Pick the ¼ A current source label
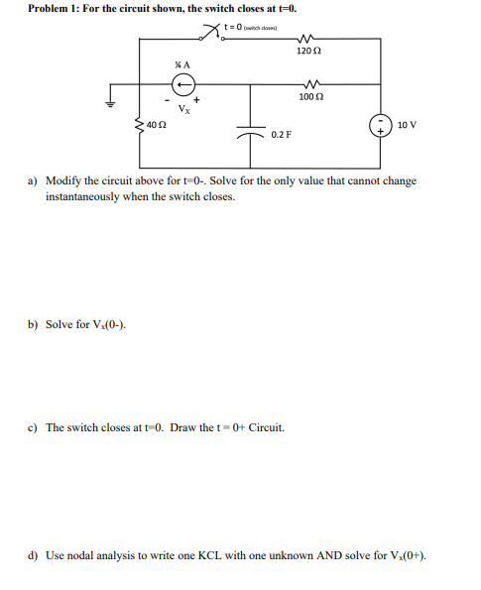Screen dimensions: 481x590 [x=180, y=64]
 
